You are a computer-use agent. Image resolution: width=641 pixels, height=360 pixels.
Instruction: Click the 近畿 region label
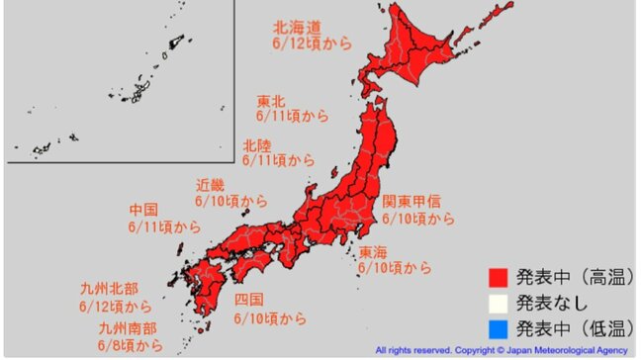(210, 185)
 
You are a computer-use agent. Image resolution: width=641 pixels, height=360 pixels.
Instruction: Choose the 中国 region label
(144, 211)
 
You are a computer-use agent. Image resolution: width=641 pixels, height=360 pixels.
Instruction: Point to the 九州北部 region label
(108, 290)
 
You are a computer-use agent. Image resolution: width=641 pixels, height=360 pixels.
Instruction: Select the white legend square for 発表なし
(499, 301)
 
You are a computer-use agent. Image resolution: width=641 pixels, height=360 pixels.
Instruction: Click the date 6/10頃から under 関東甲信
(419, 218)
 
